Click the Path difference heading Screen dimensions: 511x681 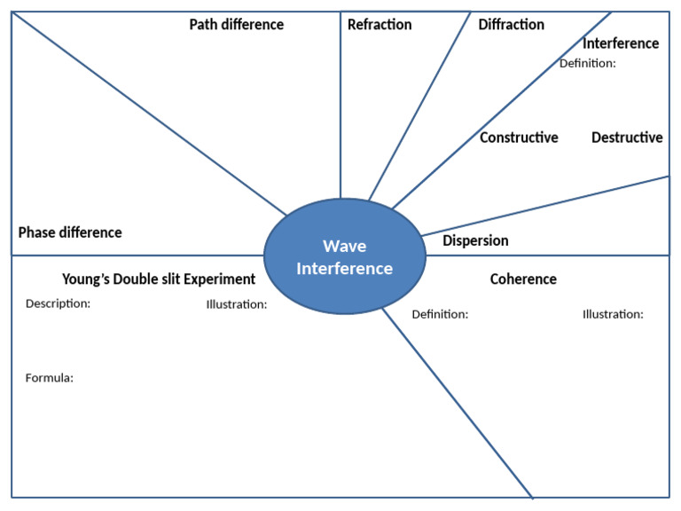236,25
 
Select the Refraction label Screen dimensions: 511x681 380,25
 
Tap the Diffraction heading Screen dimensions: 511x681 511,25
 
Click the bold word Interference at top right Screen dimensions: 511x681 621,43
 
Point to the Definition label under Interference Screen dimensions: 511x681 587,63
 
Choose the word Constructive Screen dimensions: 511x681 519,138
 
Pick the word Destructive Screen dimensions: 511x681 627,138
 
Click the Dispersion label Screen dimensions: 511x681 475,240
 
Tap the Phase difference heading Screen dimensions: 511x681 70,232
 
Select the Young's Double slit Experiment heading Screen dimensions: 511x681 159,279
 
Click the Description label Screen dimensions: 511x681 58,303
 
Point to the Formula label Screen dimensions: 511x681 49,378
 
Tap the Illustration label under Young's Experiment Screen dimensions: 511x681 236,304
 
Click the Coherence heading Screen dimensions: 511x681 523,279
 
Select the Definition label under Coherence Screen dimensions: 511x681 440,314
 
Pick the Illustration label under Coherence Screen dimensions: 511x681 613,314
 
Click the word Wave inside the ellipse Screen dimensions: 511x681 344,247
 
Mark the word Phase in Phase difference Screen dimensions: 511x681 37,232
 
